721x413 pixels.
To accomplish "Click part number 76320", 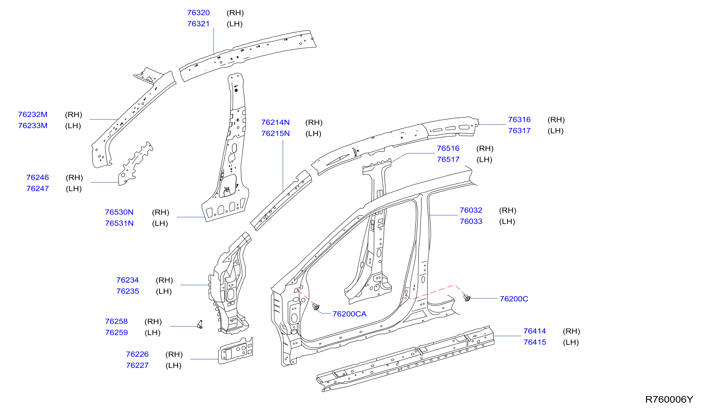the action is [198, 13].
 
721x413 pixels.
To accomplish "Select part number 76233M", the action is [33, 126].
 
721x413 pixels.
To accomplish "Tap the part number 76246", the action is [38, 178].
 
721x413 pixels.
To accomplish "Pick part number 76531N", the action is [119, 223].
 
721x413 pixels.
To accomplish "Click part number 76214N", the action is [275, 122].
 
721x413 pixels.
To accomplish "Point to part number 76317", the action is [519, 131].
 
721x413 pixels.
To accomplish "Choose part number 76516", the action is [448, 148].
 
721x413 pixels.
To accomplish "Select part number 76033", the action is [471, 222].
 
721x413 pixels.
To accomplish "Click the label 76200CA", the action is [350, 314].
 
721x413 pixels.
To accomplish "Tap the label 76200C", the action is [514, 299].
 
